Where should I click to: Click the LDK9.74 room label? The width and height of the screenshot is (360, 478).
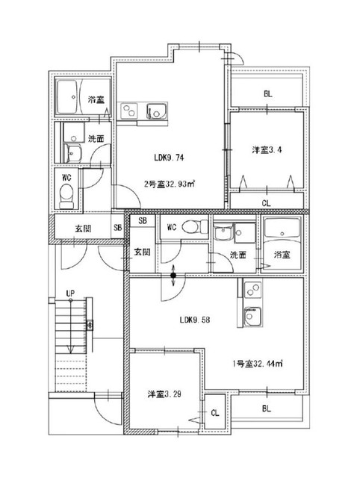169,158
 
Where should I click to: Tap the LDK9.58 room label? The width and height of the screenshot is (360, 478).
194,320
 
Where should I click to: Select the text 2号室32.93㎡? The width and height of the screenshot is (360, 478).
170,184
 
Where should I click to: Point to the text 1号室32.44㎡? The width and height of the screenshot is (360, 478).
258,364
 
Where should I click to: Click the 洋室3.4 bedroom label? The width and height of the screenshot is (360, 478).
267,149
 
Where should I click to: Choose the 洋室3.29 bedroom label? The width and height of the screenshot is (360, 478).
164,394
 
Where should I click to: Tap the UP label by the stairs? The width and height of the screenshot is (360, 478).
70,294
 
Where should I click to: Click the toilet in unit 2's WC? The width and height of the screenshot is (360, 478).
66,196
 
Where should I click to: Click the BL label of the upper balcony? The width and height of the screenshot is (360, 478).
268,94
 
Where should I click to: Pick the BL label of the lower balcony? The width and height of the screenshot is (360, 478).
267,409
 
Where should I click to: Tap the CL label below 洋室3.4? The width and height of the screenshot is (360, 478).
267,203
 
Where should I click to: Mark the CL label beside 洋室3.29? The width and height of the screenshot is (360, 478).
215,413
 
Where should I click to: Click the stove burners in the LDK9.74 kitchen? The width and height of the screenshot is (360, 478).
129,111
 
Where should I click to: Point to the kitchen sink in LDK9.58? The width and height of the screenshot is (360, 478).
252,317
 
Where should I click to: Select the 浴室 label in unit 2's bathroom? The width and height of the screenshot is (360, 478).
96,99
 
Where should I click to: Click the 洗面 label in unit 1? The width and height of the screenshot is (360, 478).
238,255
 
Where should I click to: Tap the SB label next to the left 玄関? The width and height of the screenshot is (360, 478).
118,227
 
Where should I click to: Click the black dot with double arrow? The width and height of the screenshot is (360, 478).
173,276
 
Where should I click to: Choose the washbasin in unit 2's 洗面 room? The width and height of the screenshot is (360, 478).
73,152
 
